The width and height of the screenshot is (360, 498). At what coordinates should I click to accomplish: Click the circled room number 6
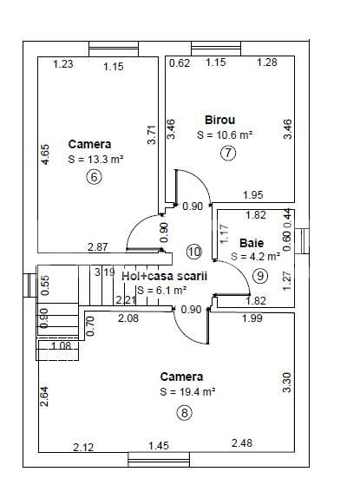point(94,177)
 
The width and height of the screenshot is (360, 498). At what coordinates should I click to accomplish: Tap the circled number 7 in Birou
point(228,153)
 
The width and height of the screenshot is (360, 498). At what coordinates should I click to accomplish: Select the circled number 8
point(185,413)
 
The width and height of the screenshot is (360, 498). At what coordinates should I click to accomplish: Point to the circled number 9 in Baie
point(260,276)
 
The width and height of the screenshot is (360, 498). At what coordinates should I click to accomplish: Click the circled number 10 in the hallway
point(194,252)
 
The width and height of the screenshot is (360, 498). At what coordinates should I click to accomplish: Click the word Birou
point(220,120)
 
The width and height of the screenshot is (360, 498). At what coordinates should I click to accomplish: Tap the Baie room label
point(252,243)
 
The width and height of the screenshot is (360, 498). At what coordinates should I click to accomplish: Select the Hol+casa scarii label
point(164,276)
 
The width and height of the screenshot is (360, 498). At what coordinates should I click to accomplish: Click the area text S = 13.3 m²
point(95,159)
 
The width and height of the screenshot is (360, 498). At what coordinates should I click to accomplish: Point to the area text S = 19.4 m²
point(187,391)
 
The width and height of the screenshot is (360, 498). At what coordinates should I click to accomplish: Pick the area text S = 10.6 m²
point(225,134)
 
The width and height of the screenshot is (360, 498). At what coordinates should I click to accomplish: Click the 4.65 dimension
point(45,154)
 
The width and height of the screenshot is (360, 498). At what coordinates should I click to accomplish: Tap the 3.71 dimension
point(152,135)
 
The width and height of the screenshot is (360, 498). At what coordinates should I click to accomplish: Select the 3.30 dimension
point(286,383)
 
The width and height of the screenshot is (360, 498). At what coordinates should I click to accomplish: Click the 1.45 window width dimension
point(159,446)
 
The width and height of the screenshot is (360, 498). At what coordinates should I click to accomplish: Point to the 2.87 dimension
point(98,246)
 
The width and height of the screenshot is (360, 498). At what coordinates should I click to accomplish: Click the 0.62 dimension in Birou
point(180,62)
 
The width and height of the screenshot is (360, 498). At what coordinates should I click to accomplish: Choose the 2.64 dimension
point(44,396)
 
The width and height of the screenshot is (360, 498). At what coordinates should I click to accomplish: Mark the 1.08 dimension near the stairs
point(62,345)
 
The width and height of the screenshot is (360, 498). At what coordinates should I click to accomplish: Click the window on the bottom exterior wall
point(159,460)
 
